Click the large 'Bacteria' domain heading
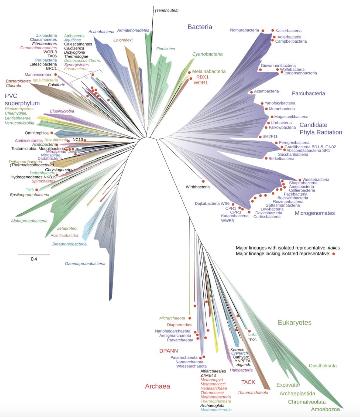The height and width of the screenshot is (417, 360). coord(200,27)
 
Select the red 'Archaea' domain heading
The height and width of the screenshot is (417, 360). coord(157,386)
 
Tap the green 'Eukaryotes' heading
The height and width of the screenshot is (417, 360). coord(294,323)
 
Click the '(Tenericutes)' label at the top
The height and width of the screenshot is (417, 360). coord(167,10)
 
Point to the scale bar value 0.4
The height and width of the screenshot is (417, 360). coord(34,259)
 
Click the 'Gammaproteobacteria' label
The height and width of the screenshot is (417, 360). coord(85,264)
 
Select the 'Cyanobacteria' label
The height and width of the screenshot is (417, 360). coord(207,54)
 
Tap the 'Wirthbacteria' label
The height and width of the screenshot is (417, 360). coord(198,187)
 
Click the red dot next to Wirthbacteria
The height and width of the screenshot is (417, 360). coord(203,182)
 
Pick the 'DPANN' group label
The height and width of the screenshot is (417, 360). coord(168,351)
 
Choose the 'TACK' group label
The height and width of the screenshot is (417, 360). coord(248,382)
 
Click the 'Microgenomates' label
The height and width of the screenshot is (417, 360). coord(315,213)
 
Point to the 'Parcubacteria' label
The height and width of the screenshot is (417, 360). coord(308,93)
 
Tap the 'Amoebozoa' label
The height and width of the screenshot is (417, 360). coord(325,409)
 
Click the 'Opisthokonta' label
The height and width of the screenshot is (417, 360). coord(322,366)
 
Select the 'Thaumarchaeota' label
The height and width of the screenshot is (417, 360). coord(253,393)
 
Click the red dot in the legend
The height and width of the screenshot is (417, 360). coord(334,254)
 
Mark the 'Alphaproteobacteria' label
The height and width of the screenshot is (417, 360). coord(29,221)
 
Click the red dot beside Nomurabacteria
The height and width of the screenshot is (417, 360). coord(263,31)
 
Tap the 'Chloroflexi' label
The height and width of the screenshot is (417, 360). coord(123,40)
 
